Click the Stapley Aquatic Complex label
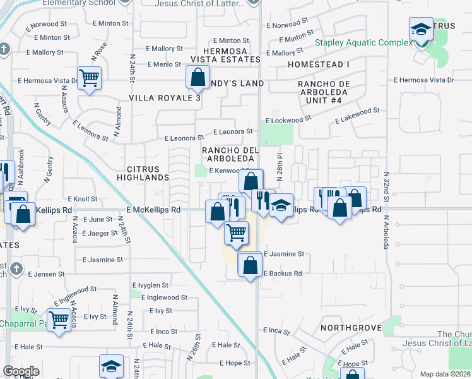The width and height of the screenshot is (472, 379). click(x=364, y=43)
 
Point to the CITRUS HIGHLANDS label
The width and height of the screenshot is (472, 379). click(x=148, y=174)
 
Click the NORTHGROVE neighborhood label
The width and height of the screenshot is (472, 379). click(x=351, y=328)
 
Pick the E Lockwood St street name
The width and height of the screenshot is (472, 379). click(x=288, y=119)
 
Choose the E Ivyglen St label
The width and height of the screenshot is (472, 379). click(x=150, y=286)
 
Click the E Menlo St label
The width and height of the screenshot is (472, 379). click(x=164, y=64)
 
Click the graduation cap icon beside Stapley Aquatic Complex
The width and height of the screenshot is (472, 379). click(x=421, y=29)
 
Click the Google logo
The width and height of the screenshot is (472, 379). click(x=21, y=371)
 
